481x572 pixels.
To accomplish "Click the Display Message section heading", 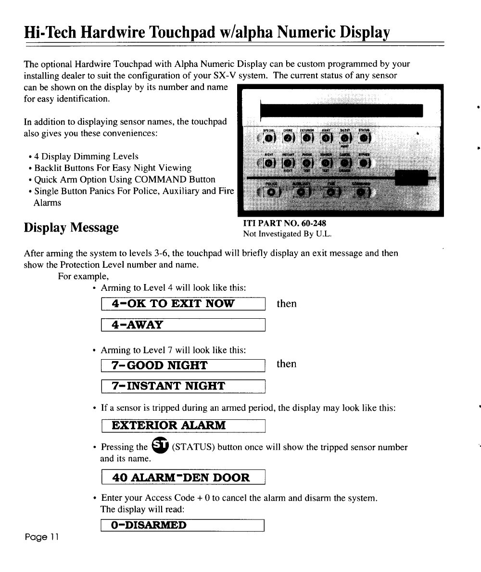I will point(71,227).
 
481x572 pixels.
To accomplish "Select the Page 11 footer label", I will point(40,537).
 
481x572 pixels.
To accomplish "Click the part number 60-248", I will point(315,223).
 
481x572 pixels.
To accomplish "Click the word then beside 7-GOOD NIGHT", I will point(287,364).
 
